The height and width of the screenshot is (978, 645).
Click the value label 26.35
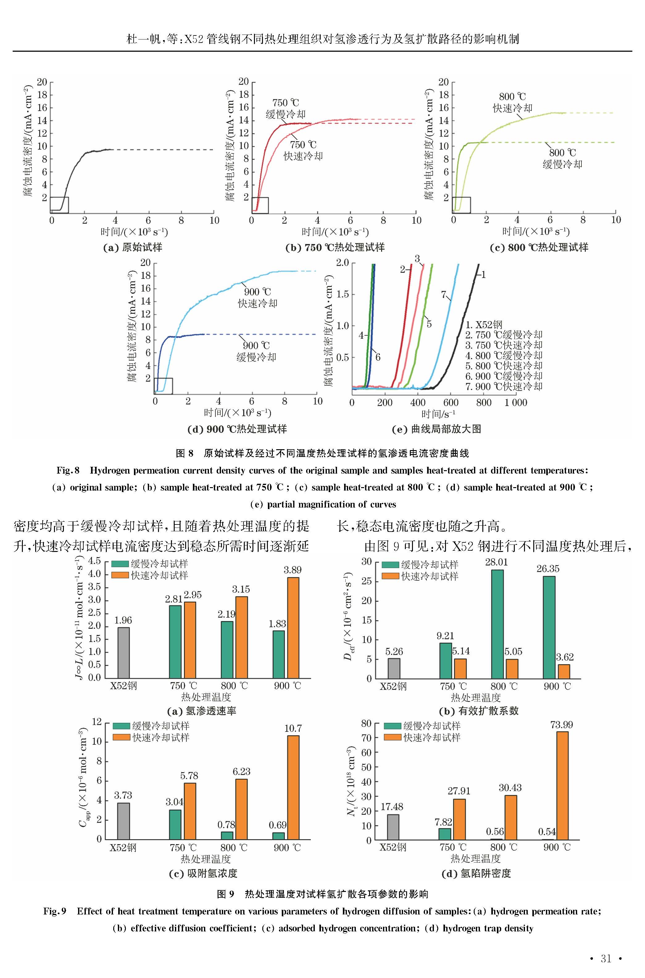point(548,569)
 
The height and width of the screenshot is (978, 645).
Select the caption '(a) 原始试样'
point(132,247)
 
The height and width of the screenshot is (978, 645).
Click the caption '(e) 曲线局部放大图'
point(436,429)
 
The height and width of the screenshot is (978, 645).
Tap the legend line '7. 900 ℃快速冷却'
point(504,387)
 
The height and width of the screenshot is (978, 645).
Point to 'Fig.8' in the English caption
point(68,470)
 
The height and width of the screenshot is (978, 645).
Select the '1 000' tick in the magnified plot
point(516,403)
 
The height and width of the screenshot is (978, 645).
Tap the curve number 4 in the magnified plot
point(361,335)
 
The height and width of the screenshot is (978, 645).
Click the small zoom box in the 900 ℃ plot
point(164,386)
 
